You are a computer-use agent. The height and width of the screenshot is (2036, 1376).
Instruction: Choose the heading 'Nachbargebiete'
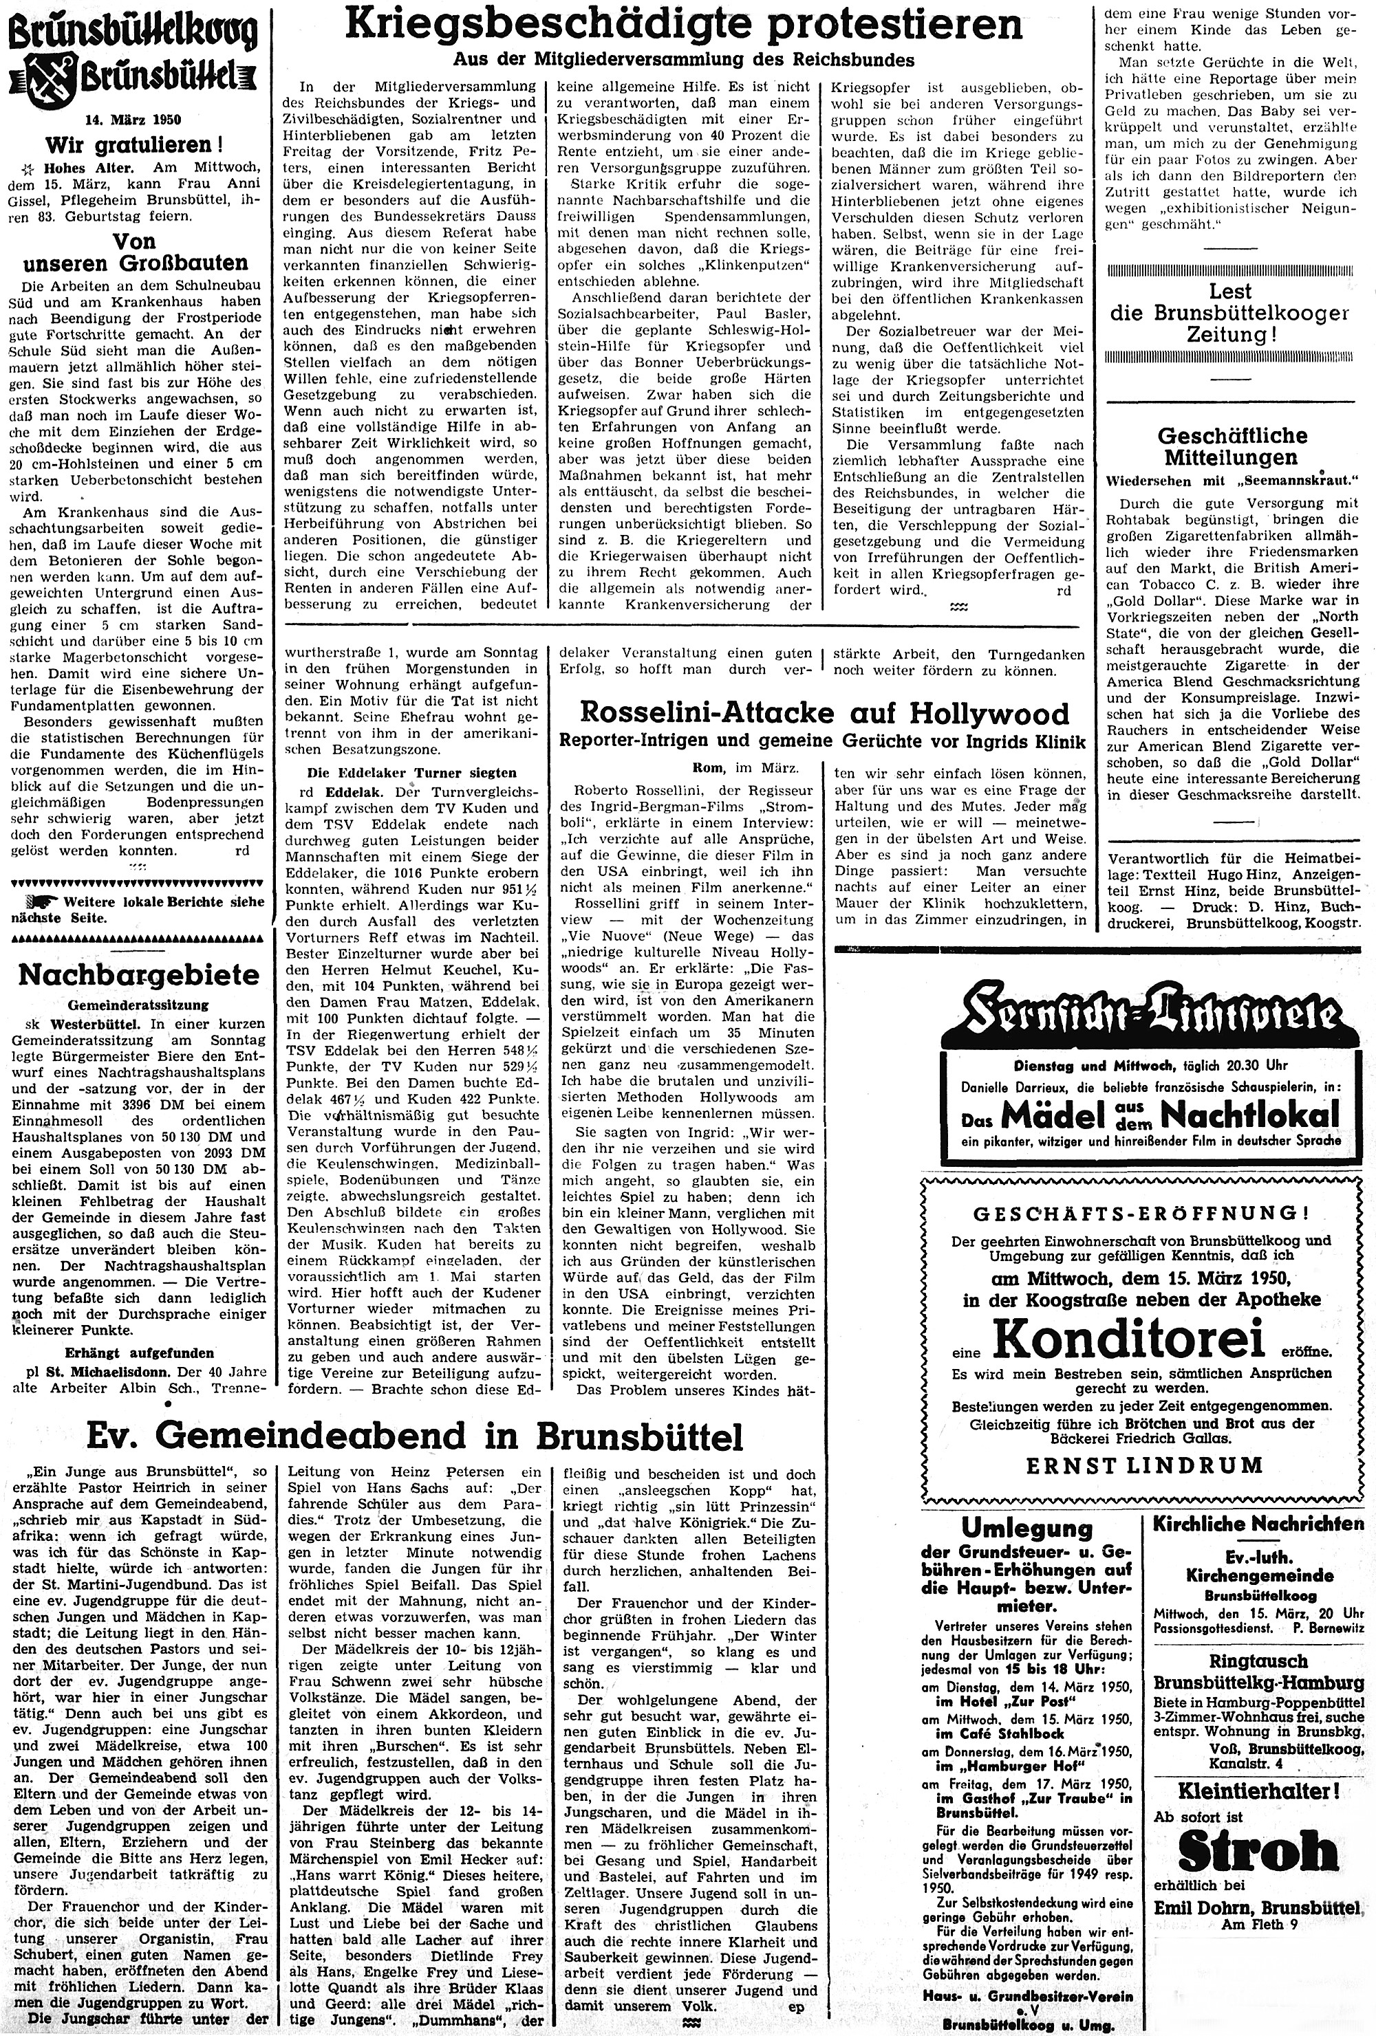point(134,974)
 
